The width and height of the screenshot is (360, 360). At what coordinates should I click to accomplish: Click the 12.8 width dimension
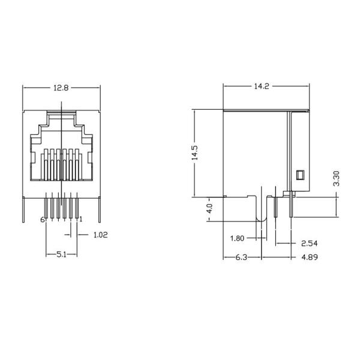click(x=61, y=88)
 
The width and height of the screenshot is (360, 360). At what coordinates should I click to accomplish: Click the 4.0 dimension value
click(x=209, y=209)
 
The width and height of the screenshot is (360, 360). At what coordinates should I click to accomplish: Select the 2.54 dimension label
click(x=308, y=244)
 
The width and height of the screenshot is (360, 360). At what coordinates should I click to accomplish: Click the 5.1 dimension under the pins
click(x=61, y=254)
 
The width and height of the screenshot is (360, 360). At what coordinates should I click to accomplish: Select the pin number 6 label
click(x=42, y=220)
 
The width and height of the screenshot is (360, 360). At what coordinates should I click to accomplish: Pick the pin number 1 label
click(x=80, y=220)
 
